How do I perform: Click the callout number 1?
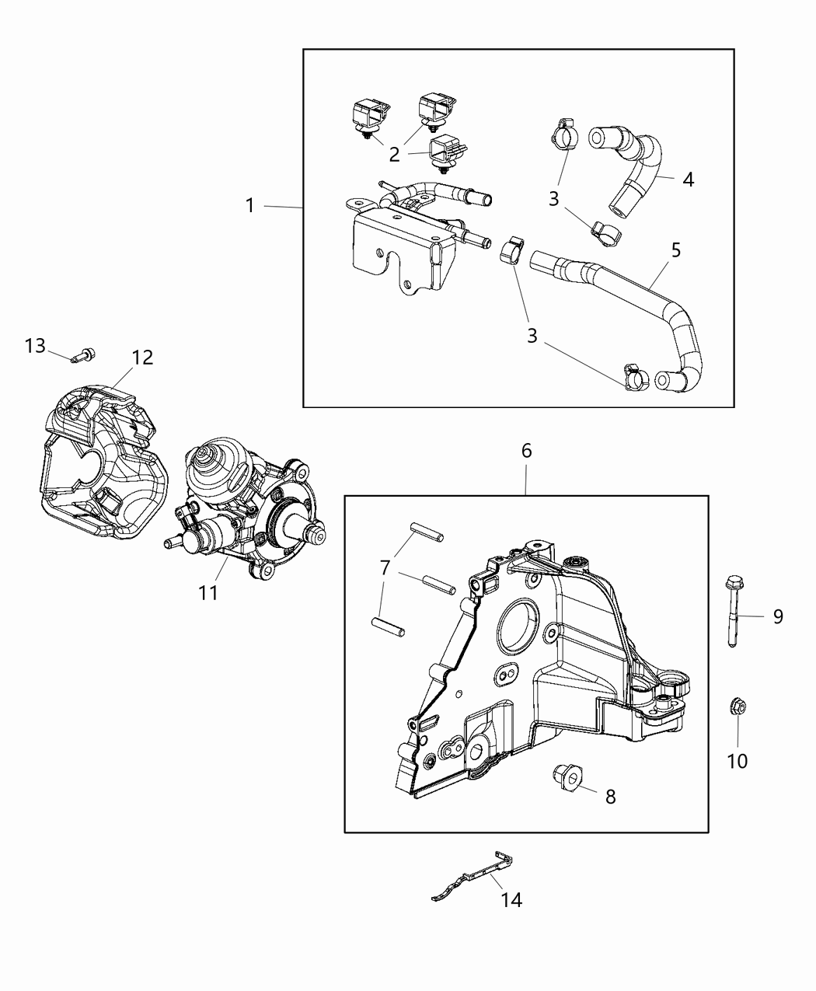[249, 205]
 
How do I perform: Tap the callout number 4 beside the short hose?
[688, 179]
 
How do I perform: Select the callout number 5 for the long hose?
[675, 249]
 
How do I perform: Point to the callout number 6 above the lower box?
[526, 450]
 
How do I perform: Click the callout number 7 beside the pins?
[385, 569]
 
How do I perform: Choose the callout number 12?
[142, 358]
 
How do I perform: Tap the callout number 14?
[511, 899]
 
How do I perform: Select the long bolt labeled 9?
[734, 611]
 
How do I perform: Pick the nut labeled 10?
[737, 707]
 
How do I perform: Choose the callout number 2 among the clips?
[395, 154]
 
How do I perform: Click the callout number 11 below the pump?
[207, 592]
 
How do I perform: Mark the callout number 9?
[778, 616]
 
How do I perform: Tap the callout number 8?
[610, 796]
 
